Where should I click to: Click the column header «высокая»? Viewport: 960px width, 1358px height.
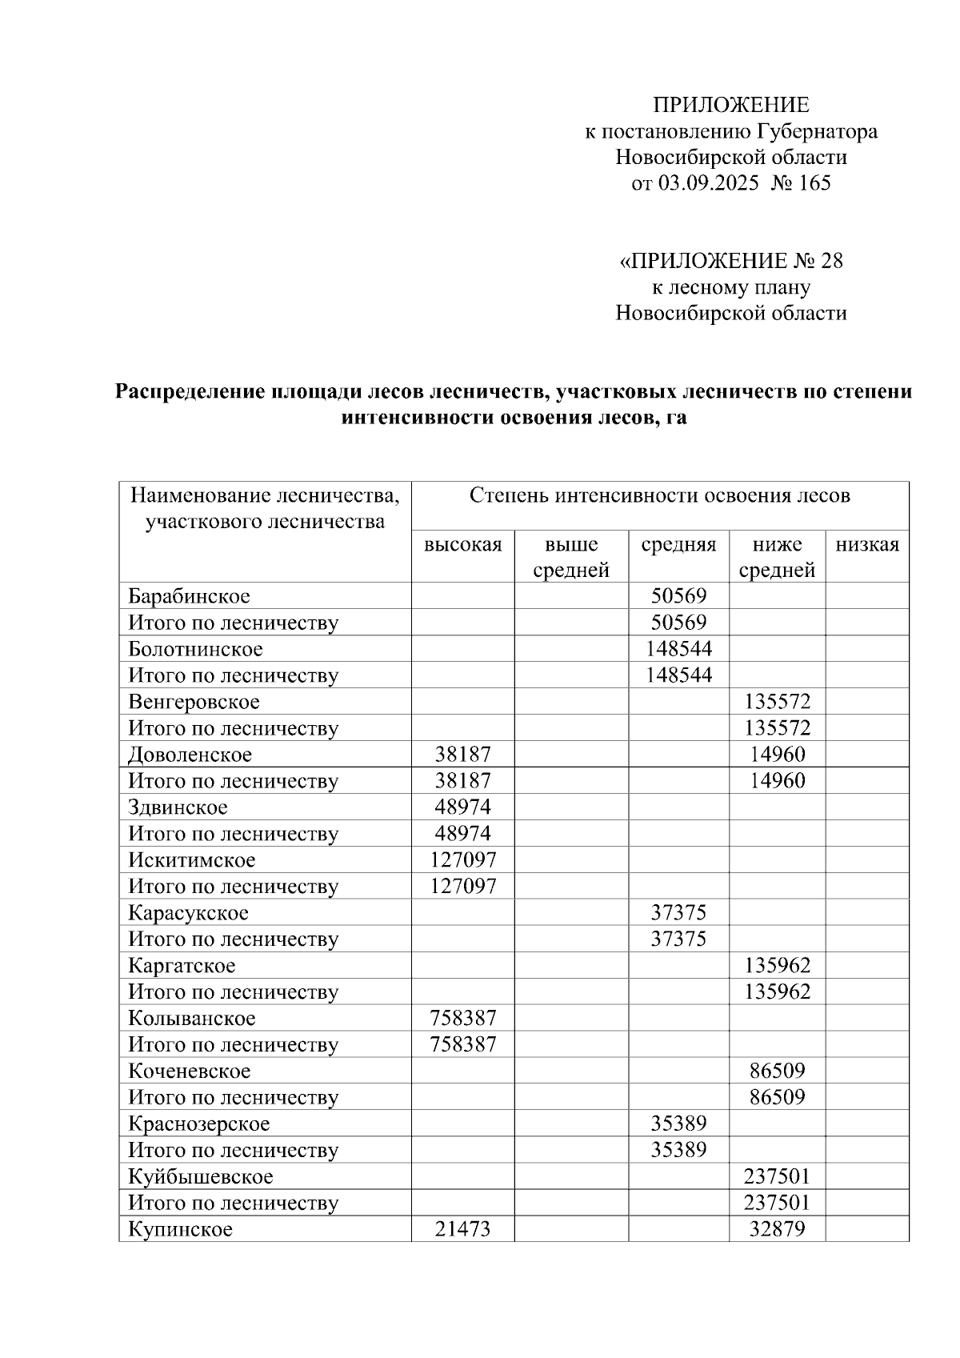tap(462, 545)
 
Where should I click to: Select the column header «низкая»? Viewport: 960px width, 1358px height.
tap(867, 545)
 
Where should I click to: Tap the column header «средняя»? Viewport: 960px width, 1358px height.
tap(678, 545)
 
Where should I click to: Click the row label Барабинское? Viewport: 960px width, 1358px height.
tap(189, 596)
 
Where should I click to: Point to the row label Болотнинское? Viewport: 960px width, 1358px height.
tap(195, 649)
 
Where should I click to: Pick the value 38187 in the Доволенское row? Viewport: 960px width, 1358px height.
tap(462, 755)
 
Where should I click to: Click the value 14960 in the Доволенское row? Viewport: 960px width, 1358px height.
tap(777, 755)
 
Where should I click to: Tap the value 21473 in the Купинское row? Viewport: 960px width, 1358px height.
tap(462, 1229)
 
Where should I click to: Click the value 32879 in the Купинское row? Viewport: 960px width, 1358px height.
tap(777, 1229)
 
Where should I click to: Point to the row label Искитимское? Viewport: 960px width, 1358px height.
tap(192, 860)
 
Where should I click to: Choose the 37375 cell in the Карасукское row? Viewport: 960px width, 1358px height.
tap(678, 913)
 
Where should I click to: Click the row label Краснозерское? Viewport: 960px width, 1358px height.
tap(199, 1124)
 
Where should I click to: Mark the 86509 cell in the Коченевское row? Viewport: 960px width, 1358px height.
tap(777, 1071)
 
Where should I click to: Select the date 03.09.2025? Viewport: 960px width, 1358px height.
tap(709, 183)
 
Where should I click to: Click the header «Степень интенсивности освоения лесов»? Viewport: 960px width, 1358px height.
tap(659, 496)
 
